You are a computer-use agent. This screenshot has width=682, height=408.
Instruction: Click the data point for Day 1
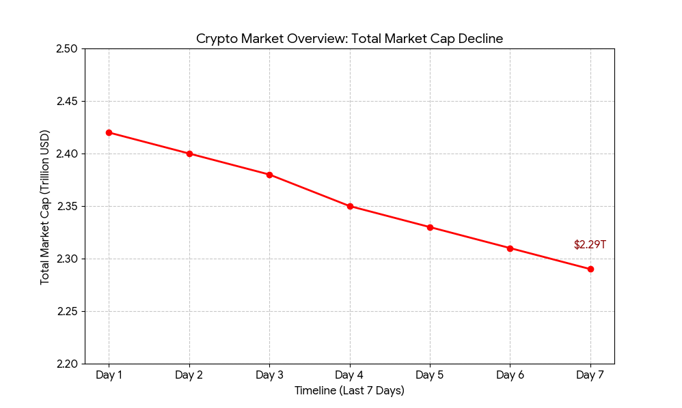pyautogui.click(x=109, y=132)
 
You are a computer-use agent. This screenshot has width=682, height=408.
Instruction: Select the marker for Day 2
pyautogui.click(x=189, y=154)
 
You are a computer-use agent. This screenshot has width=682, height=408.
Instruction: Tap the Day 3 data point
pyautogui.click(x=269, y=175)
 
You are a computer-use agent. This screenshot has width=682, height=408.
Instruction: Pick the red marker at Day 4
pyautogui.click(x=350, y=206)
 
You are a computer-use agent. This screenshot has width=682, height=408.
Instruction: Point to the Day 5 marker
pyautogui.click(x=430, y=227)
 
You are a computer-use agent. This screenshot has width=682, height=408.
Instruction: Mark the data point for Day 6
pyautogui.click(x=510, y=248)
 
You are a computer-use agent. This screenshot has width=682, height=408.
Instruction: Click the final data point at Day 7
pyautogui.click(x=590, y=269)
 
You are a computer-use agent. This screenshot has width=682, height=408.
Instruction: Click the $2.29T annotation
pyautogui.click(x=590, y=244)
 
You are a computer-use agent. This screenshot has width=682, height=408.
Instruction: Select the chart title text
pyautogui.click(x=349, y=39)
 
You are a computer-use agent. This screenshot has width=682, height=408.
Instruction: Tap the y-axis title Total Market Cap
pyautogui.click(x=45, y=207)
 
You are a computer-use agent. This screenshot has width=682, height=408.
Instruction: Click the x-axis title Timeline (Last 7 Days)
pyautogui.click(x=349, y=391)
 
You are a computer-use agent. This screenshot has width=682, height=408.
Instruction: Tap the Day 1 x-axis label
pyautogui.click(x=109, y=375)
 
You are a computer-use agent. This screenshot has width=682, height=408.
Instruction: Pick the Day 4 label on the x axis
pyautogui.click(x=350, y=375)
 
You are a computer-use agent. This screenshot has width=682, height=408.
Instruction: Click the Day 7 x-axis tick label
pyautogui.click(x=590, y=375)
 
